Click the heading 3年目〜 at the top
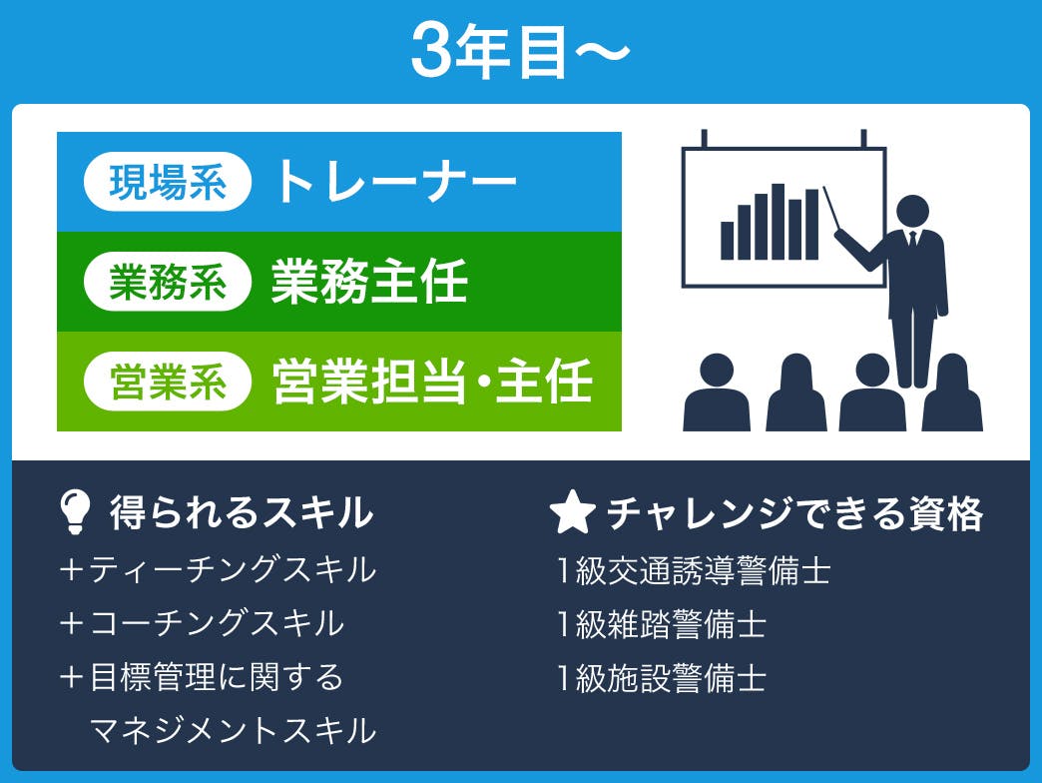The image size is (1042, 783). click(520, 51)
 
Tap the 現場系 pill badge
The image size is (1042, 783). click(168, 182)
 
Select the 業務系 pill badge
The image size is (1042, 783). click(168, 282)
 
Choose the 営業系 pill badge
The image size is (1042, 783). click(168, 382)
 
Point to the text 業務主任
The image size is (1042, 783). click(369, 282)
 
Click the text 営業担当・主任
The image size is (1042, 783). click(432, 382)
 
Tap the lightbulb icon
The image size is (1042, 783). click(75, 511)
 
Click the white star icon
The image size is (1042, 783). click(572, 511)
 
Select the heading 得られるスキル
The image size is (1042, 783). click(242, 512)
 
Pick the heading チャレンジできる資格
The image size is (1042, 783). click(794, 513)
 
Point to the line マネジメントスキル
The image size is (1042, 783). click(233, 730)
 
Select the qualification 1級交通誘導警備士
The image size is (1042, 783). click(694, 570)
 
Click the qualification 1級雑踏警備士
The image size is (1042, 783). click(662, 624)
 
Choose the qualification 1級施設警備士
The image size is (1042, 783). click(662, 678)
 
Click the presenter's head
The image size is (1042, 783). click(912, 212)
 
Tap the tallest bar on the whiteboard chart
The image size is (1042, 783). click(779, 222)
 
